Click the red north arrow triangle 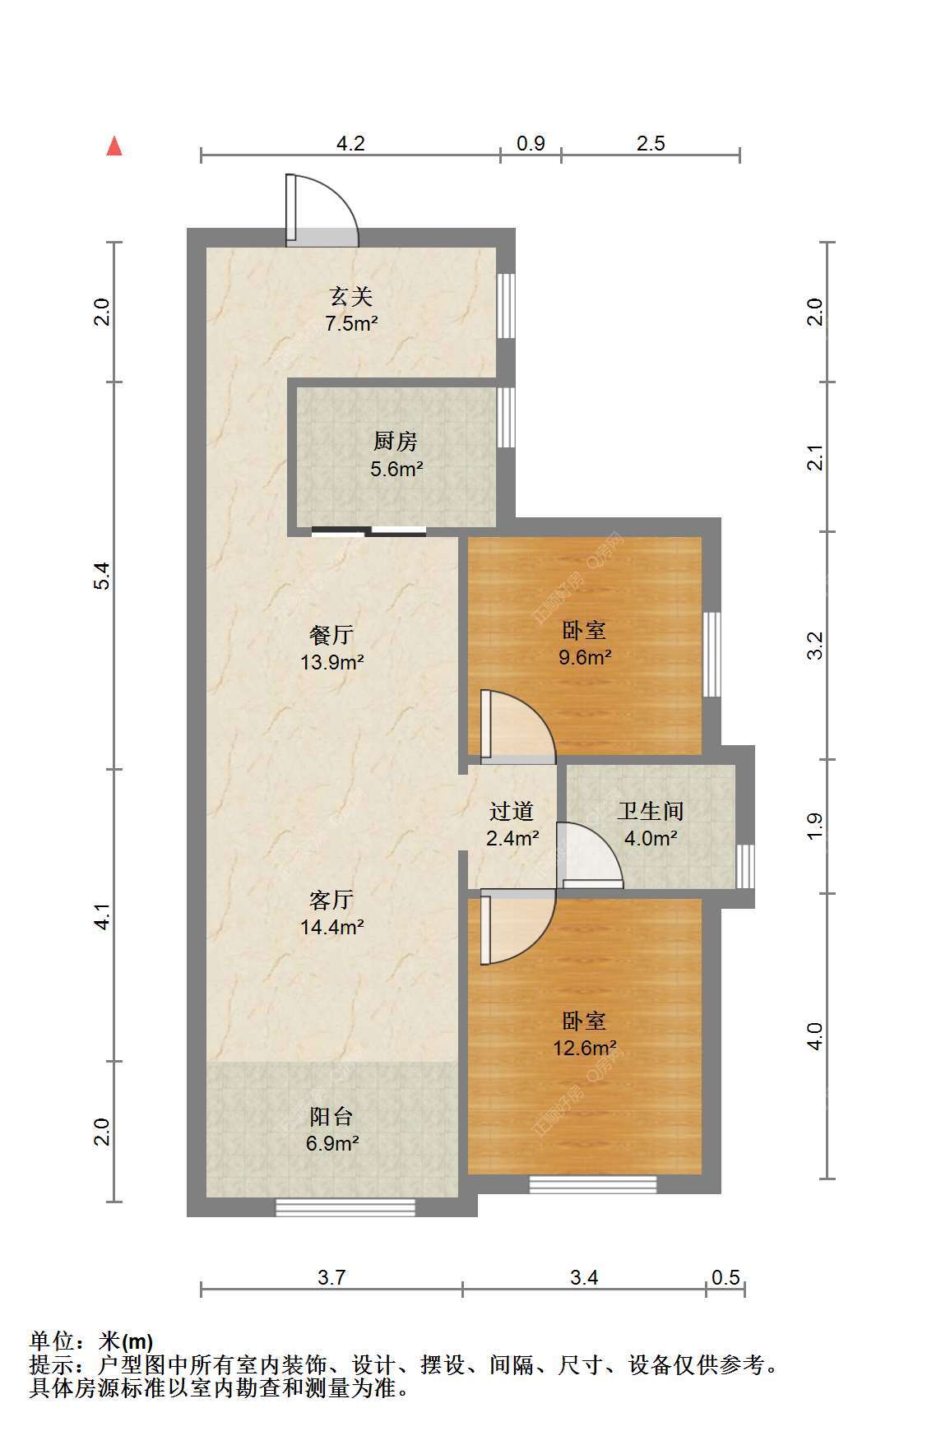(x=115, y=146)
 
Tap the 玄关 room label (x=351, y=295)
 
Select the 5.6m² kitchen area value (x=396, y=470)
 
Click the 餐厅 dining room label (x=331, y=634)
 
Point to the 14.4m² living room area (x=332, y=927)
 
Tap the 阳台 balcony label (x=331, y=1116)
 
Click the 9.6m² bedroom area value (x=585, y=657)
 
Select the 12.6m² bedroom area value (x=585, y=1048)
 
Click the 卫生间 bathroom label (x=651, y=811)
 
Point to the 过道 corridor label (x=512, y=811)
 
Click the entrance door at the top (x=322, y=211)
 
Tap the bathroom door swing (x=590, y=854)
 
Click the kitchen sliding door (x=369, y=531)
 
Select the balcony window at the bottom (x=345, y=1207)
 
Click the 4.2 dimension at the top (x=350, y=143)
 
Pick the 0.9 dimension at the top (x=531, y=143)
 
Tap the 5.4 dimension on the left (x=101, y=576)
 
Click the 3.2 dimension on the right (x=814, y=646)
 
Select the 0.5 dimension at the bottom (x=725, y=1277)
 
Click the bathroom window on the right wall (x=744, y=866)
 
